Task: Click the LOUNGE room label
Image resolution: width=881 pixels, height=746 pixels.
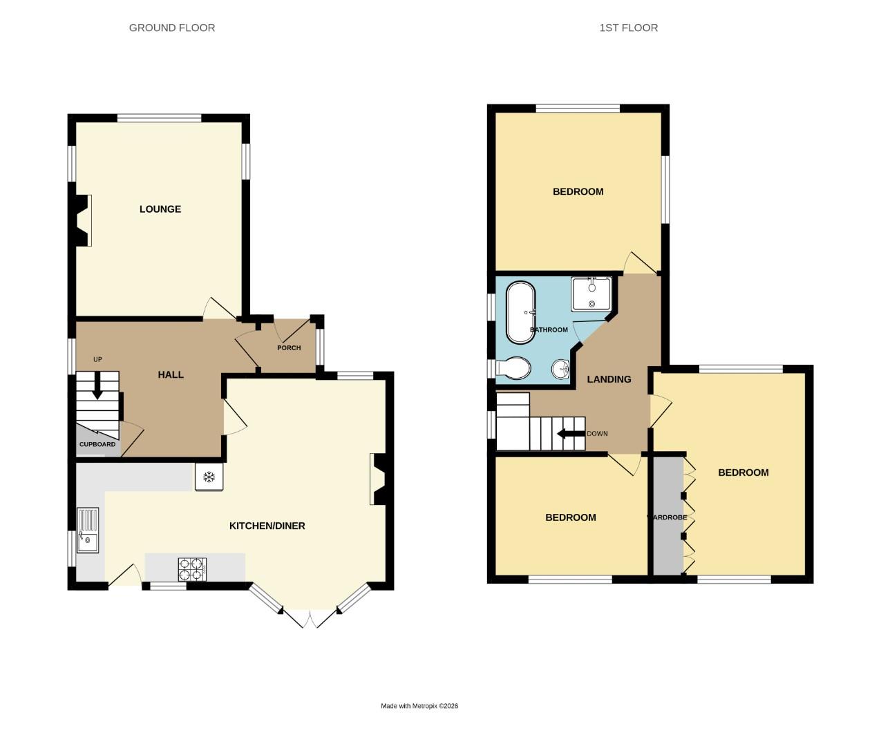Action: tap(160, 209)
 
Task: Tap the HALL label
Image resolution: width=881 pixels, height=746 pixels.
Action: tap(171, 374)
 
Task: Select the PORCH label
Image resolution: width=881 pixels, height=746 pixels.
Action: tap(289, 347)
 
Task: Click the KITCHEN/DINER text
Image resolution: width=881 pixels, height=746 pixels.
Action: tap(267, 526)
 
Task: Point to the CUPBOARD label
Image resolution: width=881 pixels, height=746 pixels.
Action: tap(97, 444)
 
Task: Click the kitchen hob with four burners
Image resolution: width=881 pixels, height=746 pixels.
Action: tap(193, 568)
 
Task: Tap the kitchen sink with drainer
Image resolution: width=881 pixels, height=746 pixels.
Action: tap(88, 530)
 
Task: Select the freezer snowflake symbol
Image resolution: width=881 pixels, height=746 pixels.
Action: tap(209, 477)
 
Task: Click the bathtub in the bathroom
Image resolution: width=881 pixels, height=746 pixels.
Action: tap(521, 312)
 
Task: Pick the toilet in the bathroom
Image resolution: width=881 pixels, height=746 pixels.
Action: tap(513, 368)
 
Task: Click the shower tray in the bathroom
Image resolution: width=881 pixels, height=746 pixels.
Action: tap(591, 294)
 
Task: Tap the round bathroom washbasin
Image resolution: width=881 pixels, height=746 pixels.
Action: tap(561, 370)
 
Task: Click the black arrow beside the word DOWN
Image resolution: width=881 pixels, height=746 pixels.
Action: tap(571, 434)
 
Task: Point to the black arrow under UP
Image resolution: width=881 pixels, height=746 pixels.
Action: tap(97, 387)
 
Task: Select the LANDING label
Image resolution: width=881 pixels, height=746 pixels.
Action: tap(609, 379)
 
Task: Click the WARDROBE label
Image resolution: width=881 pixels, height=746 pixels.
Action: tap(667, 517)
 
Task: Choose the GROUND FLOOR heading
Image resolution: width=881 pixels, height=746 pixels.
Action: tap(172, 28)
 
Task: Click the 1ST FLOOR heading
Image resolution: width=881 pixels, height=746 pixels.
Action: tap(629, 28)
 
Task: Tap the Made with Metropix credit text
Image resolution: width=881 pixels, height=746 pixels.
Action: tap(419, 706)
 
